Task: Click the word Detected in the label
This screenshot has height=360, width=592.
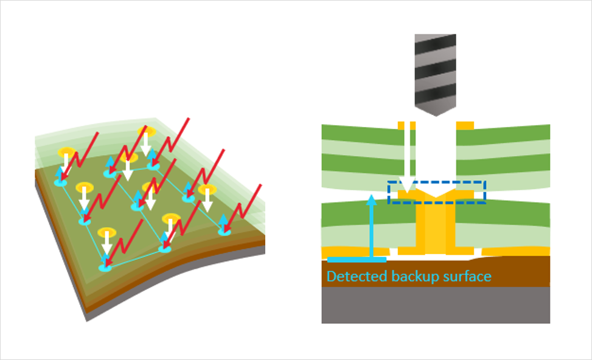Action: tap(349, 277)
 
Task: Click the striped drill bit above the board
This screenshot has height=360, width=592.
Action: tap(435, 70)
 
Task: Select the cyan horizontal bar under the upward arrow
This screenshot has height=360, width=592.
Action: tap(357, 260)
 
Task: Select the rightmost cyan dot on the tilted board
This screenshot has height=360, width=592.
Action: tap(225, 230)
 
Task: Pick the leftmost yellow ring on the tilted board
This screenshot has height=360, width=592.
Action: tap(66, 152)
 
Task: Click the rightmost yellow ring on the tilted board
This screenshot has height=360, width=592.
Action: tap(207, 189)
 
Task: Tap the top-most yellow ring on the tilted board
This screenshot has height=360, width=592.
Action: tap(147, 131)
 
